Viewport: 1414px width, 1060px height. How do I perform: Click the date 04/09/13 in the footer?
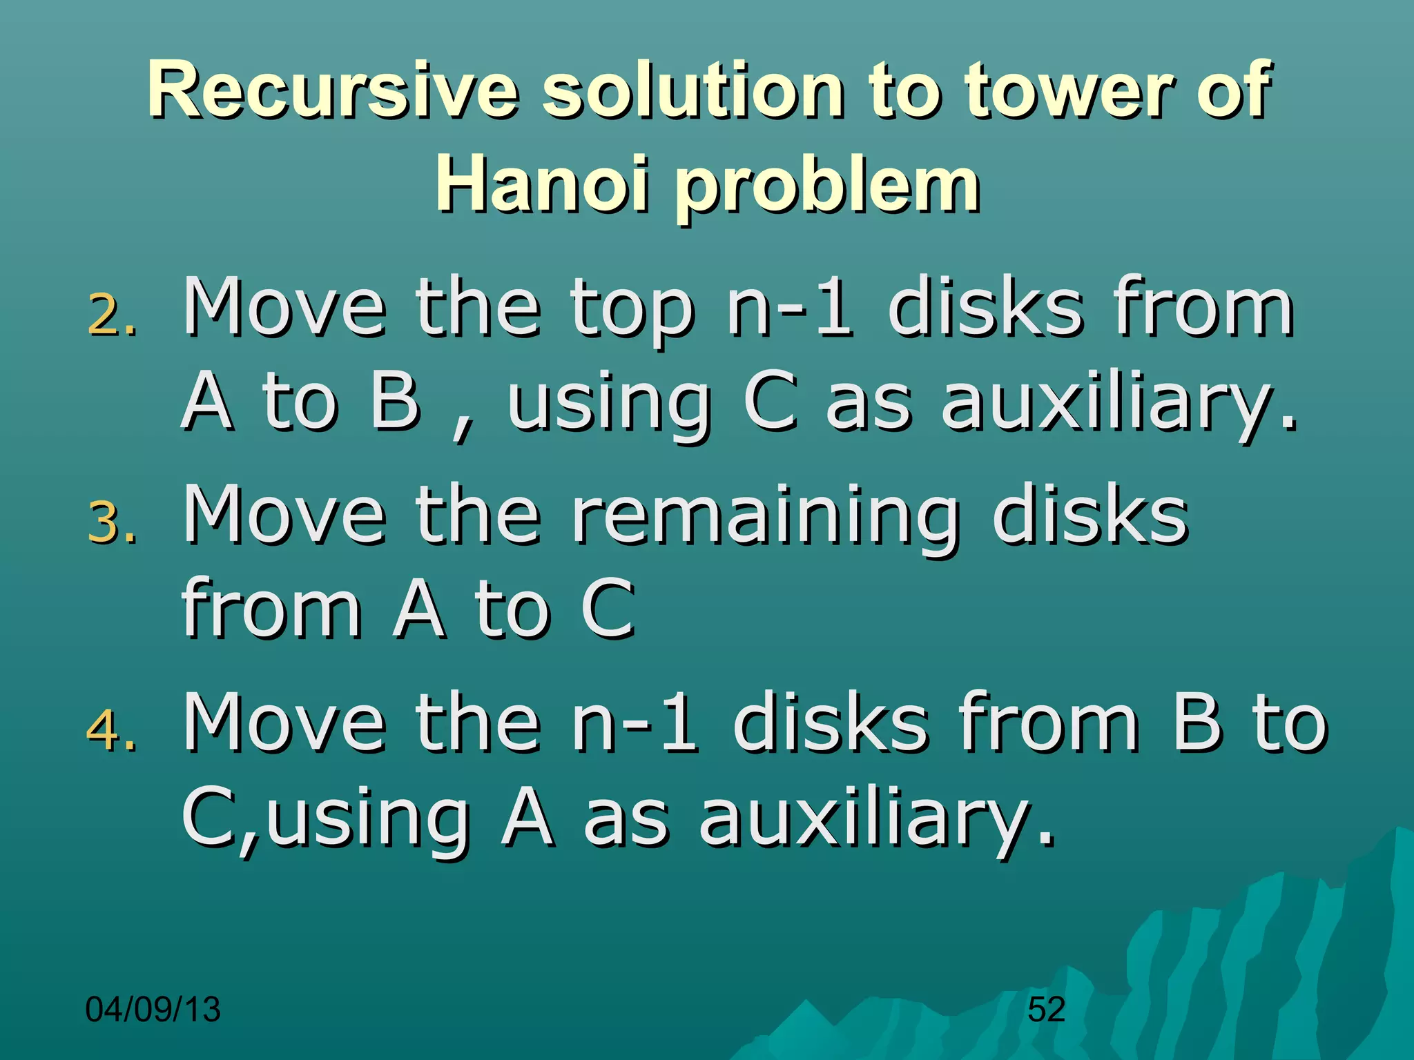point(153,1010)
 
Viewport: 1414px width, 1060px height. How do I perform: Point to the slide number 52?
point(1046,1010)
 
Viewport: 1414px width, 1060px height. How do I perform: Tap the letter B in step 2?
point(395,400)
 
